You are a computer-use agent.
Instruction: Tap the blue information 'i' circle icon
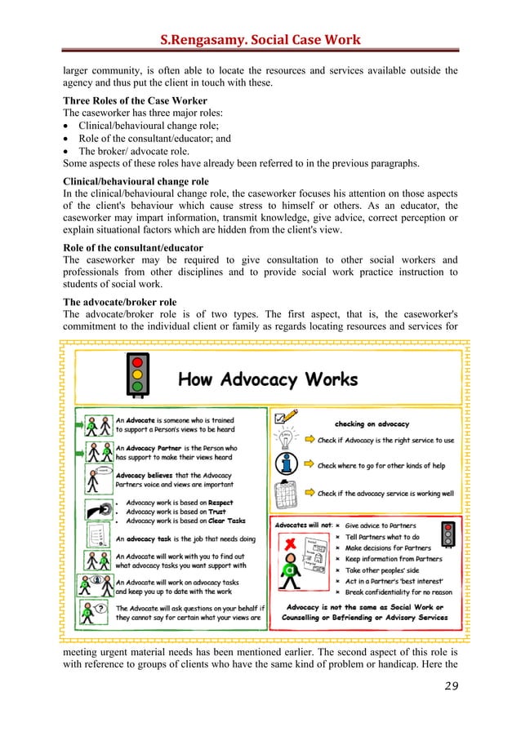click(x=286, y=464)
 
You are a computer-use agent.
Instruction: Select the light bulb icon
click(x=286, y=440)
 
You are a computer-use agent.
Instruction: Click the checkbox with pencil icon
click(x=287, y=417)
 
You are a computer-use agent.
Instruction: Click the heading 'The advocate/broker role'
click(x=119, y=301)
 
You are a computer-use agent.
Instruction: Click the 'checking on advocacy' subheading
click(x=372, y=423)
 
